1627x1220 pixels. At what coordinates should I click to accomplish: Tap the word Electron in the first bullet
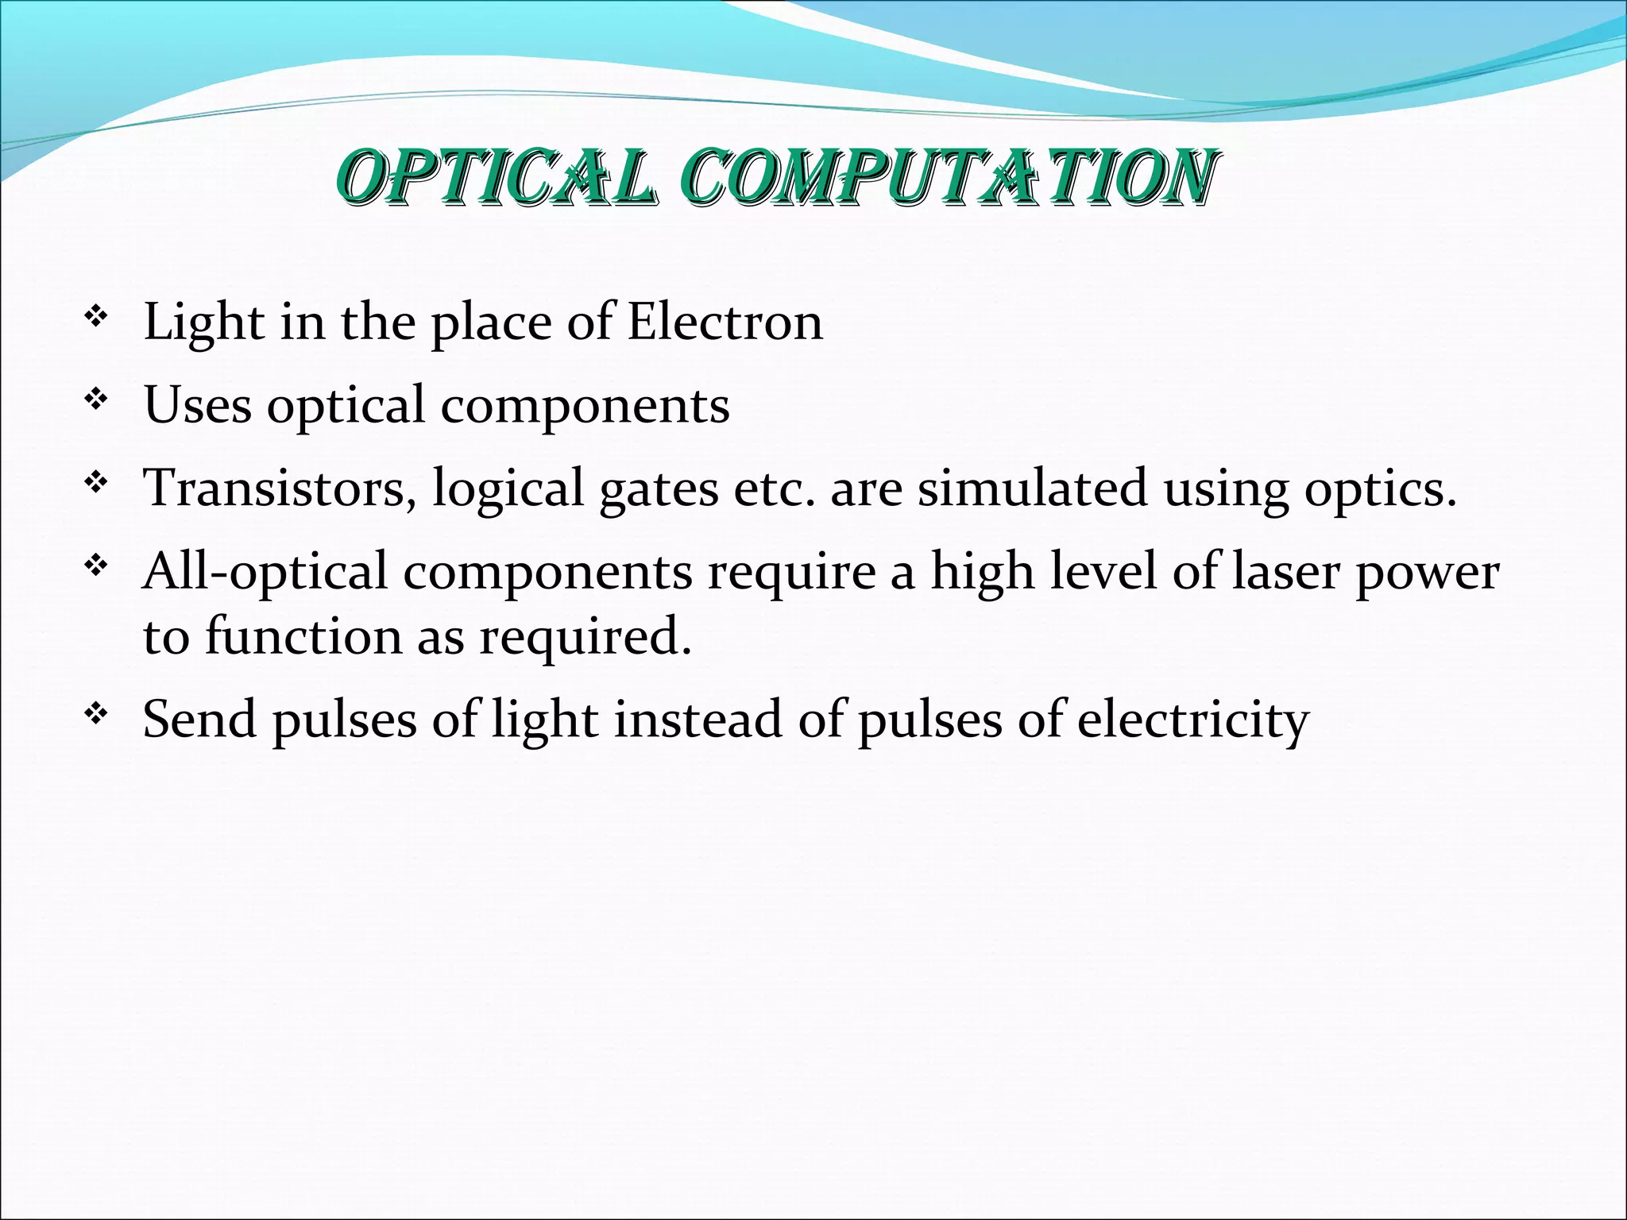click(x=725, y=322)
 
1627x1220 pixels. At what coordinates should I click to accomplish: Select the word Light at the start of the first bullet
click(x=203, y=322)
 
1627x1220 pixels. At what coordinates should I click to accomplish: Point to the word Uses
click(x=197, y=405)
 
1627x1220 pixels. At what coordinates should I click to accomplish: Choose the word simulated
click(x=1032, y=488)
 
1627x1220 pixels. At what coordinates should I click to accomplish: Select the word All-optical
click(x=265, y=573)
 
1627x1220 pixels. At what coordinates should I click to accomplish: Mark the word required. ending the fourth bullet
click(x=585, y=638)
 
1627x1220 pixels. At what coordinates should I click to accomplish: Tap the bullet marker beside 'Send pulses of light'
click(x=96, y=714)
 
